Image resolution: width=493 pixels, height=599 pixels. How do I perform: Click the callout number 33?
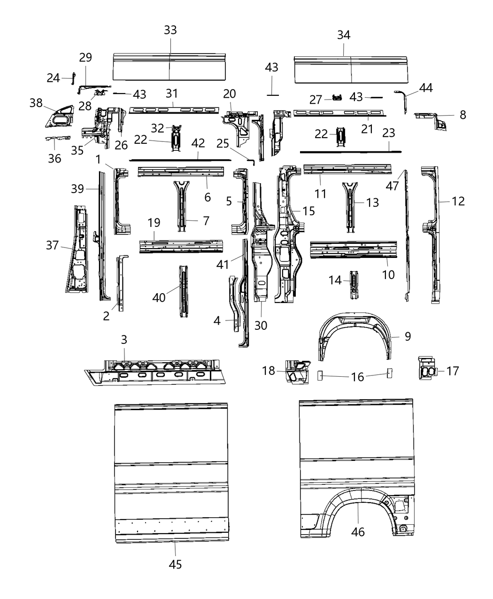(170, 30)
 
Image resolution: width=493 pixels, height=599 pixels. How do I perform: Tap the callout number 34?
(344, 35)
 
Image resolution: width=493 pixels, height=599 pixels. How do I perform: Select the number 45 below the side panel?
(175, 564)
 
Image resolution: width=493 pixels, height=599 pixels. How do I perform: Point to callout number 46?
(358, 532)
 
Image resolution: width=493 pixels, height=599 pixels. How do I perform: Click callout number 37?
(53, 245)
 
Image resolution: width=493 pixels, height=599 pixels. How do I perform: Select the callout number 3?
(124, 339)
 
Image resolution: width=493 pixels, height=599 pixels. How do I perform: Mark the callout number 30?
(261, 325)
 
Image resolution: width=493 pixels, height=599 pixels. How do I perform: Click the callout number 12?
(458, 201)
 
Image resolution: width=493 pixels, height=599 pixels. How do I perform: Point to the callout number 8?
(463, 115)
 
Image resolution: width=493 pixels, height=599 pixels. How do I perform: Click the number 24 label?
(53, 78)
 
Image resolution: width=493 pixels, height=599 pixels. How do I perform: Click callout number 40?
(159, 297)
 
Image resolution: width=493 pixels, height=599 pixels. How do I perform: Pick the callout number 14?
(335, 280)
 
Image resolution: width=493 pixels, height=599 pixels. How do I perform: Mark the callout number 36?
(54, 158)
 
